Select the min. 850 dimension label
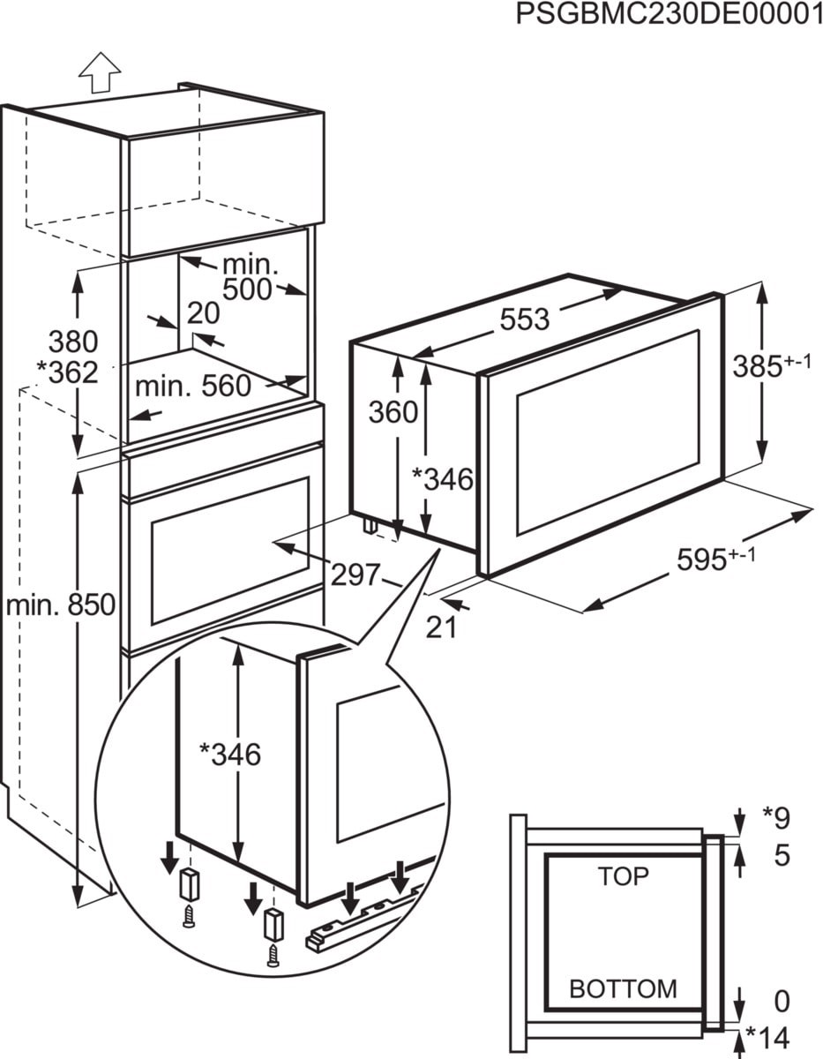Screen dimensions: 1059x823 click(x=60, y=605)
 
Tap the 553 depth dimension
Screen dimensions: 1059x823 click(x=524, y=319)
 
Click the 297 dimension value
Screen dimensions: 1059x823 click(x=354, y=575)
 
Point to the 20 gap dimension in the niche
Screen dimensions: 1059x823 click(x=203, y=313)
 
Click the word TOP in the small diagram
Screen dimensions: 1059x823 click(x=623, y=876)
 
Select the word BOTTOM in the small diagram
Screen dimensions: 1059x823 click(x=623, y=988)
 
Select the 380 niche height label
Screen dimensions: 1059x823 click(x=73, y=341)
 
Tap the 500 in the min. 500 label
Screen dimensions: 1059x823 click(x=248, y=289)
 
